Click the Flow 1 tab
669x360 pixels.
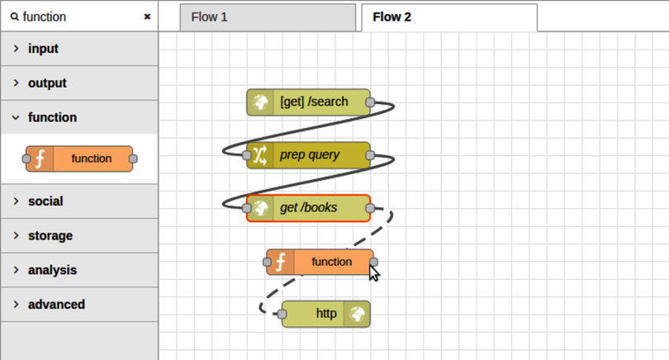[209, 17]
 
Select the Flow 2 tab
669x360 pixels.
[391, 17]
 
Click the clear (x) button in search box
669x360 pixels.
[147, 17]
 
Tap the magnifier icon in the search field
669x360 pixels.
[14, 17]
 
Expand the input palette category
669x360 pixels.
[43, 49]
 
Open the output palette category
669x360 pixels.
[47, 83]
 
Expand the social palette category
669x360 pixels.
[45, 201]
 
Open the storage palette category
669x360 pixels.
[50, 236]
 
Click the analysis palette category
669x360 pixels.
[52, 270]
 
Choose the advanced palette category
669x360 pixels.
[56, 305]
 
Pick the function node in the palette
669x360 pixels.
[80, 159]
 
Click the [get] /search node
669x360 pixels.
[314, 102]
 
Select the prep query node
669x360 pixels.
[314, 155]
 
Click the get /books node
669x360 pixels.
[314, 208]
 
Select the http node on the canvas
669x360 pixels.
[325, 315]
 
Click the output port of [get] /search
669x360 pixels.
[370, 102]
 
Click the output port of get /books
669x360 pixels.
[370, 208]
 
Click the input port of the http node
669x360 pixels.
[282, 315]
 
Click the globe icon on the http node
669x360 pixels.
[357, 315]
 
